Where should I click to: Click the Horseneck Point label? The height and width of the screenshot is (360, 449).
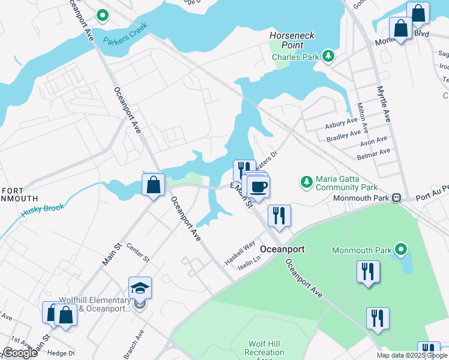(x=292, y=41)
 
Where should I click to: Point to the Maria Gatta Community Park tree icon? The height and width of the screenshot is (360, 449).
(x=306, y=181)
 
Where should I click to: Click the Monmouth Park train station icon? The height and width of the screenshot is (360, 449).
(x=396, y=197)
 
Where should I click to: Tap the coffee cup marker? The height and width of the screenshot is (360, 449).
(x=258, y=186)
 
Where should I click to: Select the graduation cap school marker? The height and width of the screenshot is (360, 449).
(x=140, y=289)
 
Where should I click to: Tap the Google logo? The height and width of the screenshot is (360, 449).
(x=20, y=353)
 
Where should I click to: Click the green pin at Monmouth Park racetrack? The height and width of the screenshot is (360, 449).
(x=402, y=249)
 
